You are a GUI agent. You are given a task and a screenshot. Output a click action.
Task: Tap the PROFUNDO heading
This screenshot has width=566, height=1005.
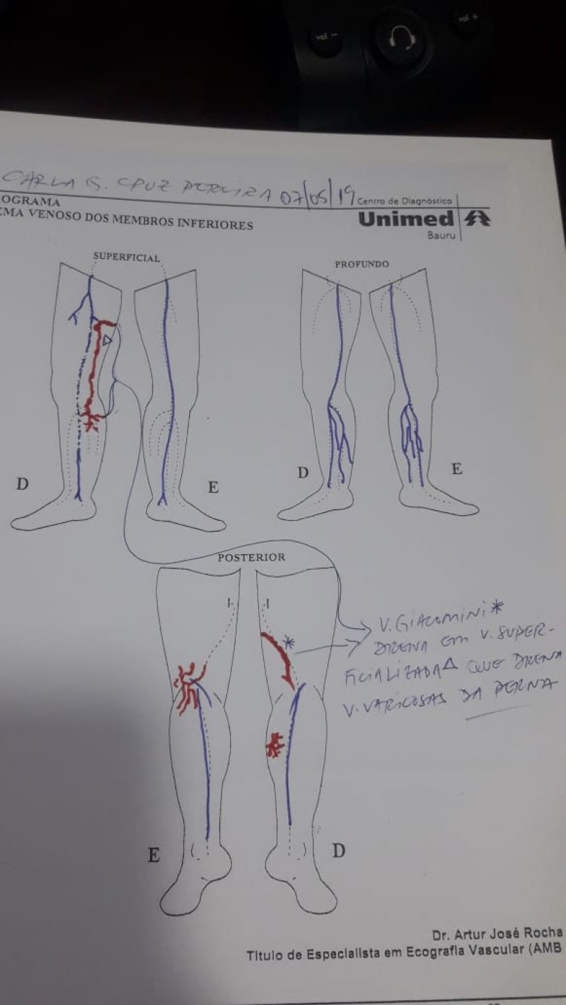[362, 264]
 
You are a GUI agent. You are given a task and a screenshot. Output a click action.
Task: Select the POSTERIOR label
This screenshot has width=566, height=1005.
[251, 557]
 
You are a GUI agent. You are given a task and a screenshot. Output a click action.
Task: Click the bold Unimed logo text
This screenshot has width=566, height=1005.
[405, 219]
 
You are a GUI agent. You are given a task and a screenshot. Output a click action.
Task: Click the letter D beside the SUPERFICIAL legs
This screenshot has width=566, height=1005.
[23, 485]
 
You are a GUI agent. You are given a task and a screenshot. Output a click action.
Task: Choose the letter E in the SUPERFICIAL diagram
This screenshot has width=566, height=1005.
[213, 487]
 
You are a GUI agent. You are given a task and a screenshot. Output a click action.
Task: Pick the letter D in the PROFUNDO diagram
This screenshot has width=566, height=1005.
[303, 473]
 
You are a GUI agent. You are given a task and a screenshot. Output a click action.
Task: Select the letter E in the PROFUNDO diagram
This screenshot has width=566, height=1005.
[456, 469]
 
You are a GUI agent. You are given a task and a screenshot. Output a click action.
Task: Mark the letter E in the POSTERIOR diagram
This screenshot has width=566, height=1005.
[153, 856]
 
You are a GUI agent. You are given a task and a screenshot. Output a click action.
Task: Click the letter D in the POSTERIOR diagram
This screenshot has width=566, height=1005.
[339, 851]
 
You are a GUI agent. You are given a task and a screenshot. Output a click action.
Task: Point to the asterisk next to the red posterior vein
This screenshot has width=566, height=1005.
[288, 643]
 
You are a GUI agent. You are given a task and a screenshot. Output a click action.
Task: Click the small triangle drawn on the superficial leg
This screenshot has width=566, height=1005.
[106, 341]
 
